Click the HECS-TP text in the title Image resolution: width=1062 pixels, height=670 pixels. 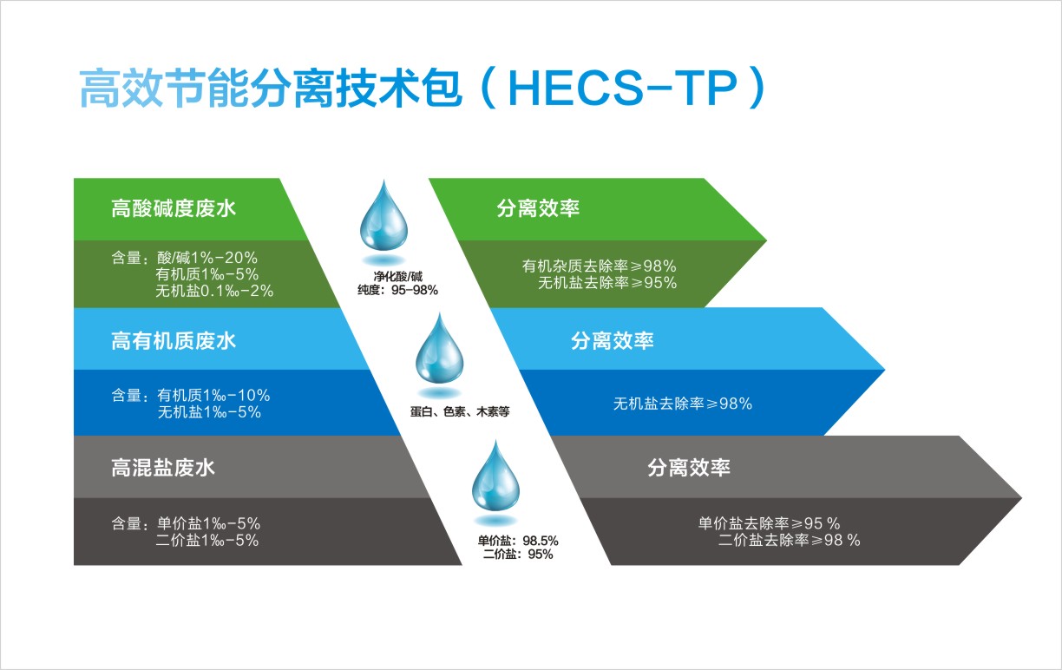622,89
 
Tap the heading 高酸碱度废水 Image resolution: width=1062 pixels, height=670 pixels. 174,208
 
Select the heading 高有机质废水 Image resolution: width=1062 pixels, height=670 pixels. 174,341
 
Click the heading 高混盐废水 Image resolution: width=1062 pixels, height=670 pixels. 163,468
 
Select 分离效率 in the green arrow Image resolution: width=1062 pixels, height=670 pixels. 538,208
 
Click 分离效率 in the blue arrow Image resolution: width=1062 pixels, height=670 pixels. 612,341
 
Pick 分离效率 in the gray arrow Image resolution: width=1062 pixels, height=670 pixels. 689,468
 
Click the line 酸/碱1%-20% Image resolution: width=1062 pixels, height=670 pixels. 207,258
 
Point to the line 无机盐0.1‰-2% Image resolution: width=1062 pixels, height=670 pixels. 214,291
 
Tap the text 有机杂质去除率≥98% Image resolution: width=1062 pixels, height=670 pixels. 600,266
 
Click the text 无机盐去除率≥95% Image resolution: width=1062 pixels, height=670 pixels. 607,283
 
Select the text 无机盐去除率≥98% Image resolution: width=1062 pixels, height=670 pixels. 683,404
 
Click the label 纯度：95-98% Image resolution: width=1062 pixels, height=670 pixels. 397,290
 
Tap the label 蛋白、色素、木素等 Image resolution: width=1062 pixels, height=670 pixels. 460,411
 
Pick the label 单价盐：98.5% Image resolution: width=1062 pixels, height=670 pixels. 518,541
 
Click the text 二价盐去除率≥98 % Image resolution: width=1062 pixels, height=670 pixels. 789,540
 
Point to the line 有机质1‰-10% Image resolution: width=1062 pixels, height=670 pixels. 213,395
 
